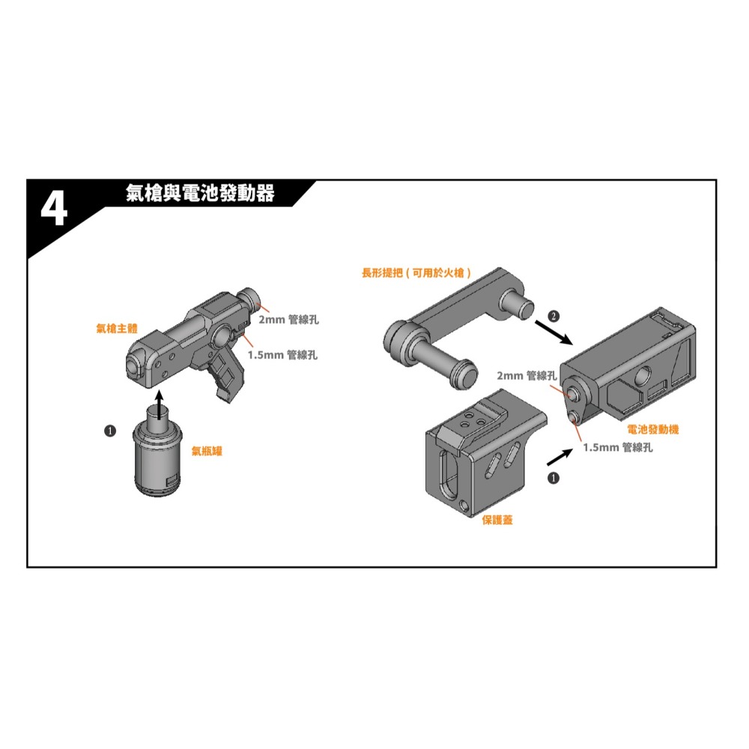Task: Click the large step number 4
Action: (x=53, y=210)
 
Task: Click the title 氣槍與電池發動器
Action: (x=200, y=194)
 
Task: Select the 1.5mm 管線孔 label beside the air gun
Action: (x=282, y=355)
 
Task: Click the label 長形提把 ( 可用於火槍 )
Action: (x=416, y=274)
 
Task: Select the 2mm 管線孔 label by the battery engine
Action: (x=527, y=375)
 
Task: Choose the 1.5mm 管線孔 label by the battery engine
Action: (x=617, y=447)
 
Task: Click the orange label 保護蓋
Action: (x=497, y=520)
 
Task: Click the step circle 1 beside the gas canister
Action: (x=110, y=431)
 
